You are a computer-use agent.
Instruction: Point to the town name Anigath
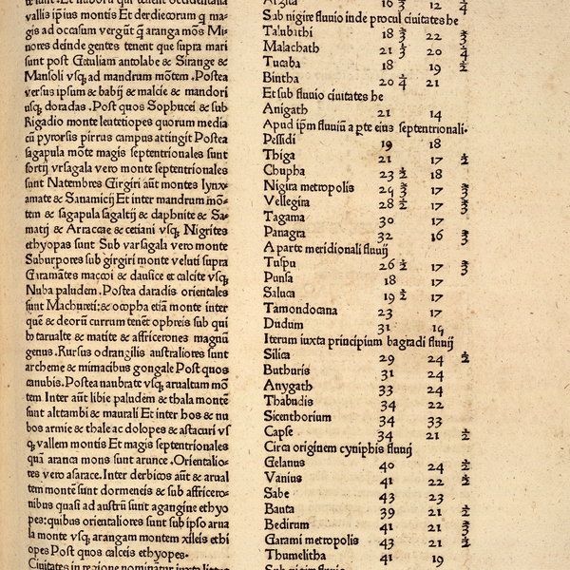pyautogui.click(x=284, y=110)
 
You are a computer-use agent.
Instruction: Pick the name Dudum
pyautogui.click(x=283, y=325)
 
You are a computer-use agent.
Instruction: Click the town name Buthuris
pyautogui.click(x=288, y=370)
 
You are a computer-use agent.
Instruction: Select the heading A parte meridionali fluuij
pyautogui.click(x=326, y=247)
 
